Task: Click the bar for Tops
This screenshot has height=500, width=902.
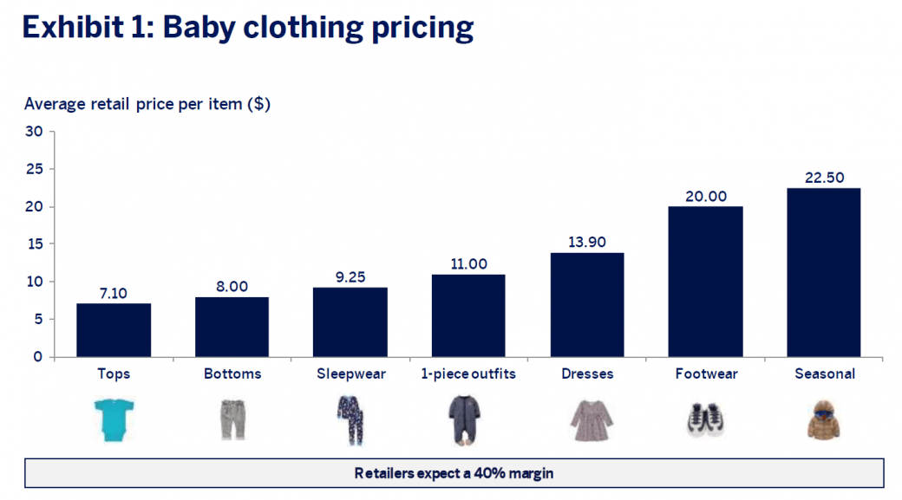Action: [x=114, y=330]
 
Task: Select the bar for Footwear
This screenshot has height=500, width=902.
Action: [x=705, y=282]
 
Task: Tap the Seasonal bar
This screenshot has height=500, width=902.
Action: [x=823, y=272]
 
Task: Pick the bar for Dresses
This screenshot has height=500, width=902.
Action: [x=586, y=304]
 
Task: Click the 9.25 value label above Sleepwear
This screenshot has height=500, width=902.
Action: [x=350, y=276]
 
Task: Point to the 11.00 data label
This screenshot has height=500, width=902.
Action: [x=468, y=264]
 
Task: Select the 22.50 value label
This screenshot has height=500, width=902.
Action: [x=823, y=178]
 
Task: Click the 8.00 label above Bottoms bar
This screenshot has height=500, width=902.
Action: [x=232, y=286]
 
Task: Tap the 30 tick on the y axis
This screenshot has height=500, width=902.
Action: [x=34, y=132]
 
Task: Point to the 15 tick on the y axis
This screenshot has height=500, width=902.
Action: [x=34, y=244]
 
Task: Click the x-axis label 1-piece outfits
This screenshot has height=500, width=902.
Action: [x=468, y=374]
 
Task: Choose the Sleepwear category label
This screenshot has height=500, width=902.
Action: [x=350, y=374]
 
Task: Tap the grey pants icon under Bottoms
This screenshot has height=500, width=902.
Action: [x=232, y=419]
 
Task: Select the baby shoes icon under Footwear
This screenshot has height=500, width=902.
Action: [x=705, y=419]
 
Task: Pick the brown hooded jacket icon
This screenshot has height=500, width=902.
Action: [x=824, y=419]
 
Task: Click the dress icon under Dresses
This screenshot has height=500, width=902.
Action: [x=590, y=419]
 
